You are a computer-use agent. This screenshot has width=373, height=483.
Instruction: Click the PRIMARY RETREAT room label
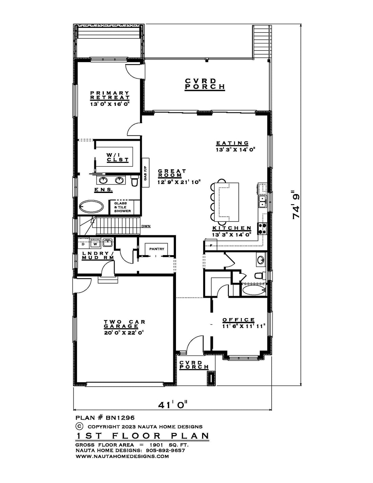[x=110, y=95]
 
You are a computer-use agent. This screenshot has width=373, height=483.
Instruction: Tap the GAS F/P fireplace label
[x=145, y=173]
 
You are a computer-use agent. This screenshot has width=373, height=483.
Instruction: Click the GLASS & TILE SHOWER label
[x=122, y=207]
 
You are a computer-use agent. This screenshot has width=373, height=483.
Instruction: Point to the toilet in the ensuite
[x=134, y=181]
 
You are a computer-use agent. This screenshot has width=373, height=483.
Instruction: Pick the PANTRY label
[x=157, y=249]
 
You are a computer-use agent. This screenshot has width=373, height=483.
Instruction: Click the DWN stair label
[x=146, y=226]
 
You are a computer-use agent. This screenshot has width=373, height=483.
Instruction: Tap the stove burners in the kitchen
[x=261, y=229]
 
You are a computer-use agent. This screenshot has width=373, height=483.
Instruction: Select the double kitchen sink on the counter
[x=262, y=201]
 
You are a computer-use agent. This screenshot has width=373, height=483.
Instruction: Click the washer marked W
[x=95, y=244]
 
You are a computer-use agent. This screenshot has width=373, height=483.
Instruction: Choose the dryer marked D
[x=83, y=244]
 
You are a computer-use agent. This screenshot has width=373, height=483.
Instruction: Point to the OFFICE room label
[x=239, y=320]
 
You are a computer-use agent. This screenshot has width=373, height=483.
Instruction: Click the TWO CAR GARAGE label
[x=124, y=324]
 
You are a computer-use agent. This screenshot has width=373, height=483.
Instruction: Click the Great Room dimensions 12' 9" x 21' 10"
[x=179, y=182]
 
